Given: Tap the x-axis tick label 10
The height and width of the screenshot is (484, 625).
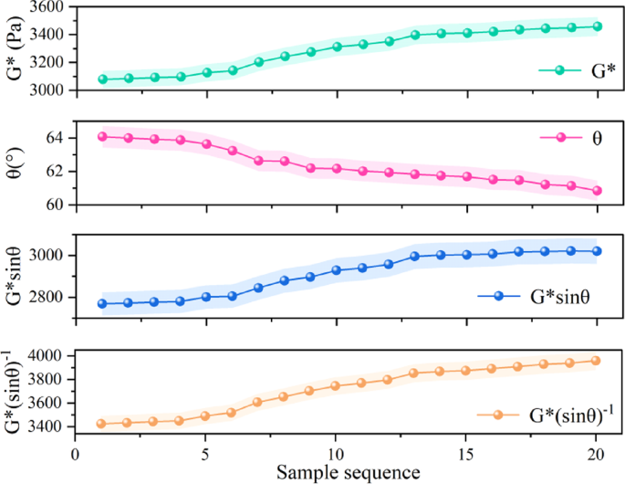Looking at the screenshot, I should [x=336, y=452].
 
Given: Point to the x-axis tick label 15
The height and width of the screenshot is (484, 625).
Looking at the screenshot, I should [x=466, y=452].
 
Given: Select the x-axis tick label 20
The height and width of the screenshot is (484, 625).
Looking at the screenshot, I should [x=597, y=452].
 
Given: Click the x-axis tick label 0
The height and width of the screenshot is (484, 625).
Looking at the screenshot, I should [x=76, y=452].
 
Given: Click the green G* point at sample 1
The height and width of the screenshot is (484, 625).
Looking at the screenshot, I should [x=102, y=79].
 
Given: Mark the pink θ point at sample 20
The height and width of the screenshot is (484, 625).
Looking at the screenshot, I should [x=597, y=191].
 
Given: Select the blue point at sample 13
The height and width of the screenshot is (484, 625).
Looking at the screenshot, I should [x=414, y=257].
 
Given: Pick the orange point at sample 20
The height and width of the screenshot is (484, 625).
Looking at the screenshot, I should [x=597, y=361].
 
